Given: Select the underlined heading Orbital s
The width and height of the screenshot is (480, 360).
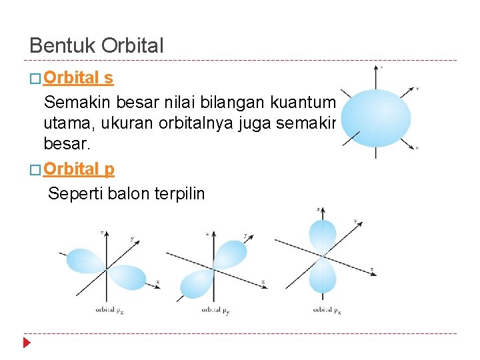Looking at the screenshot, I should pyautogui.click(x=78, y=78).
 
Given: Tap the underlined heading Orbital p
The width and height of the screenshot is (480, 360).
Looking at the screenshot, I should pyautogui.click(x=79, y=169).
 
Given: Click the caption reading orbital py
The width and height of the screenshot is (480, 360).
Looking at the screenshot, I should pyautogui.click(x=215, y=309).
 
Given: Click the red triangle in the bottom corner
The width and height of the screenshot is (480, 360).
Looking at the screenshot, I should pyautogui.click(x=27, y=343).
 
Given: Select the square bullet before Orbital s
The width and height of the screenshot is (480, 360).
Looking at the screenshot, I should pyautogui.click(x=35, y=79).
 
